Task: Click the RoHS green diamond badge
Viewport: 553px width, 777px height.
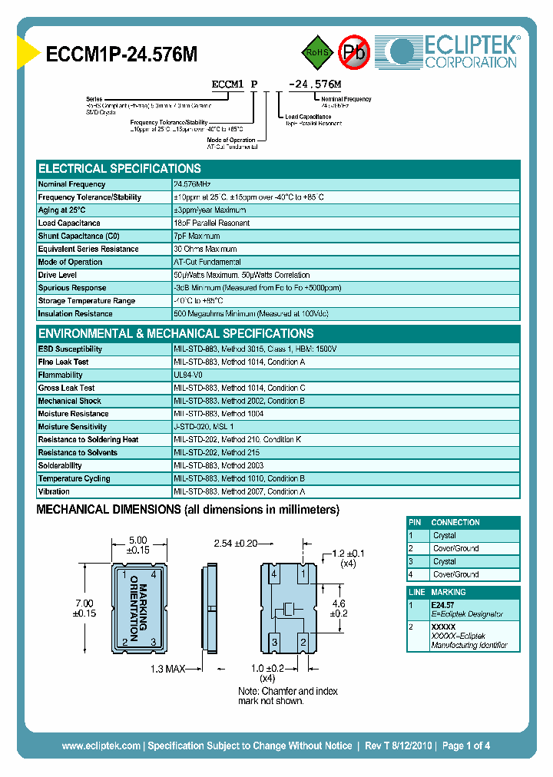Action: tap(316, 52)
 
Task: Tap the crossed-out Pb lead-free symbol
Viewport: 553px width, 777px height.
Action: tap(354, 52)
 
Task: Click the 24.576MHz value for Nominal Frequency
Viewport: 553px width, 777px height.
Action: tap(192, 184)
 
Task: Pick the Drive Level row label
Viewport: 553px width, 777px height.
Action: tap(58, 275)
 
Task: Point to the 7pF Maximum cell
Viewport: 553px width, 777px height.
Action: tap(197, 236)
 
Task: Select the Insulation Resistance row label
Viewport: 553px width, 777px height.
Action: tap(75, 314)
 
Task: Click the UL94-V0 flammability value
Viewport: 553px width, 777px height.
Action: tap(190, 375)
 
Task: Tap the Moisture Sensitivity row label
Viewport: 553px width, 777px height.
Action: tap(72, 427)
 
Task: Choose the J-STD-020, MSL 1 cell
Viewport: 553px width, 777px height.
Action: tap(204, 427)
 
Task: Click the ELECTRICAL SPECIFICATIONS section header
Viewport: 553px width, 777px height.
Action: tap(120, 168)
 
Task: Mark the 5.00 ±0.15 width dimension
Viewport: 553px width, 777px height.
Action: tap(139, 545)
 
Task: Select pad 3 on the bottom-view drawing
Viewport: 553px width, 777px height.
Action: tap(274, 640)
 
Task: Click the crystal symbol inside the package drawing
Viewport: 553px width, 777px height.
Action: tap(288, 609)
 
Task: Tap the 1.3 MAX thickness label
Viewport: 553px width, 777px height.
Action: tap(168, 670)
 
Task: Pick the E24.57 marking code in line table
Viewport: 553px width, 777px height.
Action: tap(443, 605)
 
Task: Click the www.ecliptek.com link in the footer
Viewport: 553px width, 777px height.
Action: tap(101, 746)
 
